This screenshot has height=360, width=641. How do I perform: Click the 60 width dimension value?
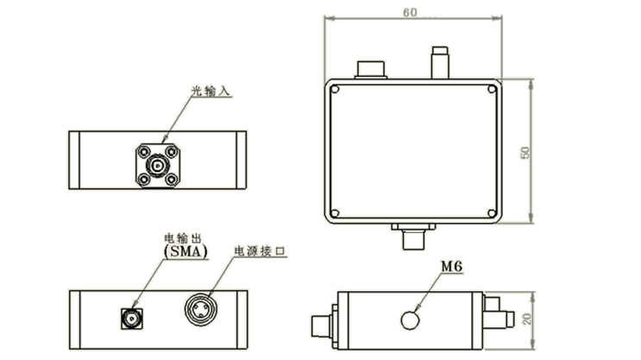click(x=410, y=13)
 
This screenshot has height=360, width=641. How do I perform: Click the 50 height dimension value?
click(x=525, y=153)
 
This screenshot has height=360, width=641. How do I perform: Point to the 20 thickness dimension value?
click(x=526, y=319)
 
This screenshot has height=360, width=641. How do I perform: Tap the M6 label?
click(x=452, y=267)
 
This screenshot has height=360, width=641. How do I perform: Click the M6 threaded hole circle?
click(x=410, y=320)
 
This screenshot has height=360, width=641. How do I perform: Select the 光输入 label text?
click(x=211, y=91)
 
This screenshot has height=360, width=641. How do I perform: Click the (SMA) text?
click(x=185, y=251)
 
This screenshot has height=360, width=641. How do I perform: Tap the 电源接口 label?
click(x=260, y=250)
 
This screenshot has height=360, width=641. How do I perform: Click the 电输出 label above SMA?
click(x=183, y=238)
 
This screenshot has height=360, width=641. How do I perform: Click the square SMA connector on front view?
click(x=132, y=319)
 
